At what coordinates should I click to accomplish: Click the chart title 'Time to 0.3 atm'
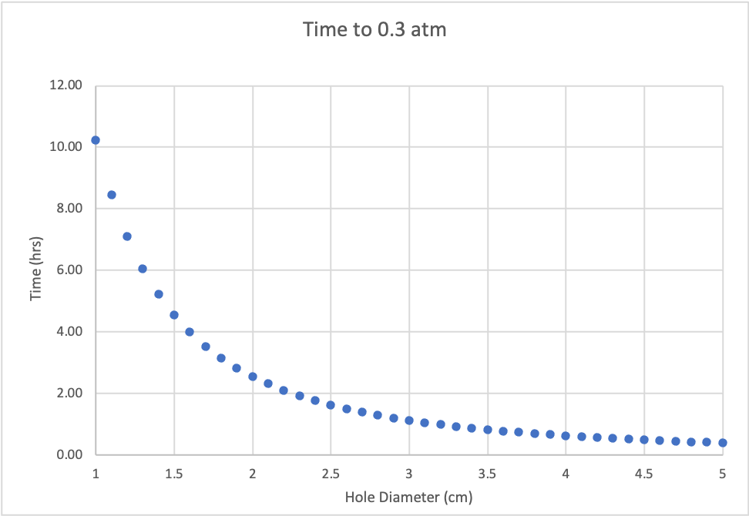[x=374, y=30]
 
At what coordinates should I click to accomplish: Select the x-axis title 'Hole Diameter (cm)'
[x=408, y=497]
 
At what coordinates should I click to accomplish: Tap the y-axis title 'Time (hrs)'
[x=36, y=270]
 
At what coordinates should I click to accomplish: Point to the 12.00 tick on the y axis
[x=65, y=85]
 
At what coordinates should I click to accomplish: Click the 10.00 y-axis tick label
[x=65, y=147]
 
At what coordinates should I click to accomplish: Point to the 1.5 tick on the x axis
[x=174, y=472]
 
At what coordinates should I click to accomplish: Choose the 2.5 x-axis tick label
[x=331, y=472]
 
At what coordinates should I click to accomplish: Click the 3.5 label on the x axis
[x=487, y=472]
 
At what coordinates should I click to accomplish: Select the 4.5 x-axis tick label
[x=644, y=472]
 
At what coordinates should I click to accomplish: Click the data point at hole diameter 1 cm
[x=96, y=140]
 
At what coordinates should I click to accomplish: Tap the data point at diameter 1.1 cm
[x=111, y=195]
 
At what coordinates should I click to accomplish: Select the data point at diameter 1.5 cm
[x=174, y=315]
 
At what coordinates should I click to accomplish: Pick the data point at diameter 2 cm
[x=252, y=377]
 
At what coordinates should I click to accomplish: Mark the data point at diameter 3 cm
[x=409, y=421]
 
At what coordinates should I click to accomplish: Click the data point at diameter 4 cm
[x=566, y=436]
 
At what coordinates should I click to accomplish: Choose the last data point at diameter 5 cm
[x=723, y=443]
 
